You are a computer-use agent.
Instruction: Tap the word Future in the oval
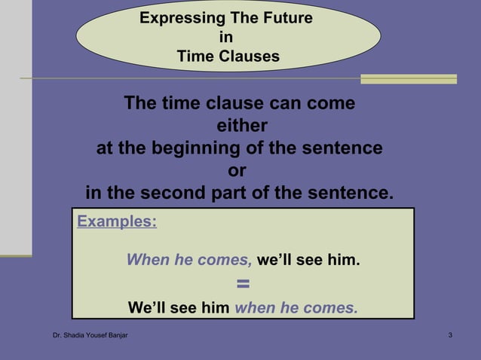pos(284,18)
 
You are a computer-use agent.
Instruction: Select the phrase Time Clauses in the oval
pos(228,56)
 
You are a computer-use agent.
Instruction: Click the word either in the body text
pos(241,125)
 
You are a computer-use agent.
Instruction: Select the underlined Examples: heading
pos(117,221)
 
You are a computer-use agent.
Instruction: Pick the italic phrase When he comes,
pos(188,261)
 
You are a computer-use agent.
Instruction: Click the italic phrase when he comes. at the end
pos(296,307)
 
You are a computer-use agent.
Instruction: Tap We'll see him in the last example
pos(179,307)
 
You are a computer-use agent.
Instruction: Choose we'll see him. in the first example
pos(308,261)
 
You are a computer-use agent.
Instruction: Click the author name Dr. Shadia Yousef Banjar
pos(90,334)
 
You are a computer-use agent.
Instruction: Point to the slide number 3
pos(450,334)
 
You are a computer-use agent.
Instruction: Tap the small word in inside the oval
pos(226,37)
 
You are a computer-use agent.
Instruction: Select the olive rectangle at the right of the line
pos(409,78)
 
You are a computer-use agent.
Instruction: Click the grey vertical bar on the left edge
pos(16,128)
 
